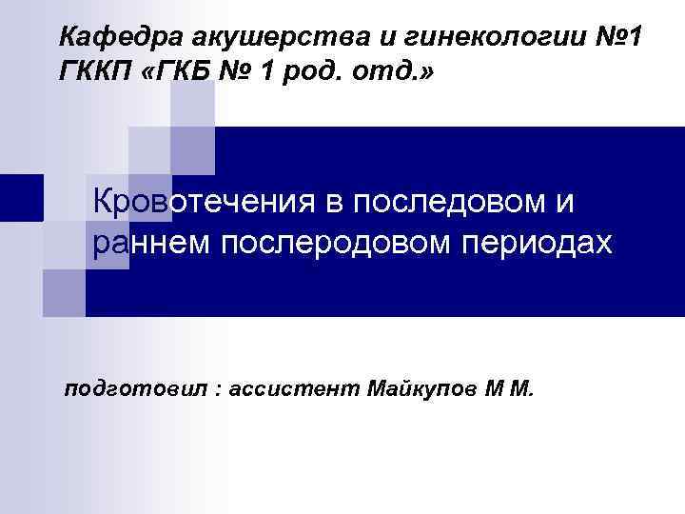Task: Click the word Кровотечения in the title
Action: pyautogui.click(x=214, y=202)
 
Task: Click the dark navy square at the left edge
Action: pyautogui.click(x=21, y=198)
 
